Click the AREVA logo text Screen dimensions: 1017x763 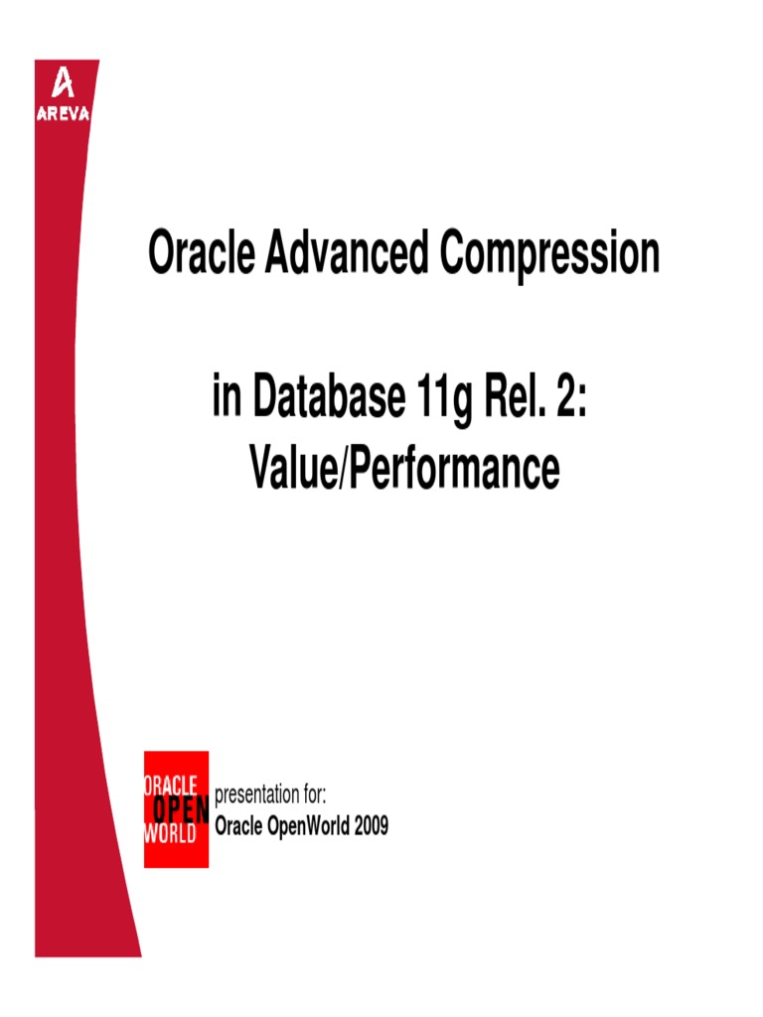tap(64, 112)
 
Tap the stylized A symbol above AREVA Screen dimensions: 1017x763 tap(63, 84)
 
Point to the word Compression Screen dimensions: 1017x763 tap(549, 256)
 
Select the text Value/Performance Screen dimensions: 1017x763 tap(404, 470)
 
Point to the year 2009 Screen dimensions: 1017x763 tap(370, 825)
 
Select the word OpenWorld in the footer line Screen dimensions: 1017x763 tap(308, 825)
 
